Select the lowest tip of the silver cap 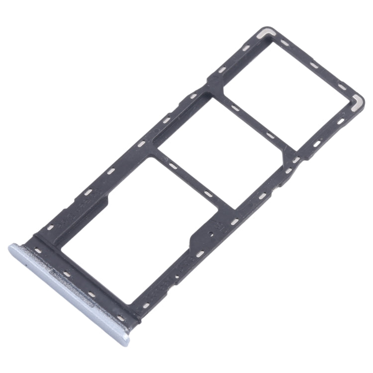click(124, 343)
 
